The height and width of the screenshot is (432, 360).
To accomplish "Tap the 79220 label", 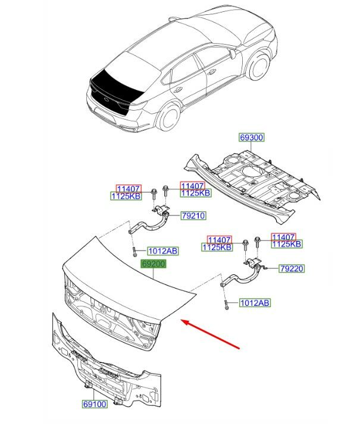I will coord(292,269).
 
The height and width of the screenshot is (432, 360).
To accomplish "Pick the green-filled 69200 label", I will coord(153,263).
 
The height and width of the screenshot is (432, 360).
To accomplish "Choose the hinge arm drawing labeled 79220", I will coord(244,276).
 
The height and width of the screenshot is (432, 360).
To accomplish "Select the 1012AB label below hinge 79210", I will coord(162,251).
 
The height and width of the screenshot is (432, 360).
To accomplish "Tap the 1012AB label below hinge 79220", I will coord(254,303).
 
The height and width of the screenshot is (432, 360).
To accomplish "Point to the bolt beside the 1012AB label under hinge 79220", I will coord(227,304).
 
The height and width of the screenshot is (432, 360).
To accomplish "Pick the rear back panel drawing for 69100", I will coord(107,363).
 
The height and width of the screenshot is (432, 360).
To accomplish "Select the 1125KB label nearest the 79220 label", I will coord(287,244).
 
